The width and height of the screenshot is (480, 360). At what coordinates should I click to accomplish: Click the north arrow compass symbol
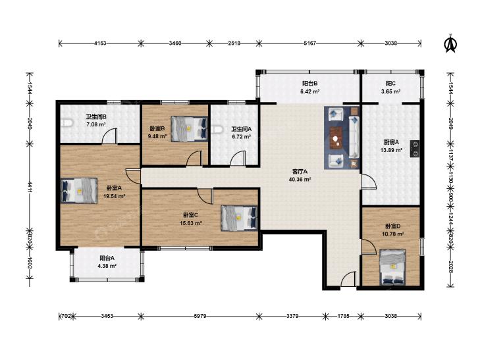point(450,43)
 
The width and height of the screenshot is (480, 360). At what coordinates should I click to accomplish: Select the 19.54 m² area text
point(114,196)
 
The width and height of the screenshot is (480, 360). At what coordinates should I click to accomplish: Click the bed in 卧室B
point(189,129)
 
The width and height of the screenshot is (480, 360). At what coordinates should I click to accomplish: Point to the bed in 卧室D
point(392,267)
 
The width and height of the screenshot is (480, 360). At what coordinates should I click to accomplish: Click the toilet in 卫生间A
point(216,130)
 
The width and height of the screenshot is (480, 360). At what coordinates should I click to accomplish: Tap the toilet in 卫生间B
point(67,123)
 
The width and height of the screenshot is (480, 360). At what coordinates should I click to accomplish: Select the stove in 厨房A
point(415,149)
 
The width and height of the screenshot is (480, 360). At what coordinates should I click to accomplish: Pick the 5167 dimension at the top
point(310,43)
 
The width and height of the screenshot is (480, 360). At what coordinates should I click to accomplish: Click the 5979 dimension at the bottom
point(200,316)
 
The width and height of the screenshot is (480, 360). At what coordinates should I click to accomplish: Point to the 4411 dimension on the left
point(30,187)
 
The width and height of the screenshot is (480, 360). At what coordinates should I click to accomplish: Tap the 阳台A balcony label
point(107,258)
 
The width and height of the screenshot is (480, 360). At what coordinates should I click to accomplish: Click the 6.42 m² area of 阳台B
point(310,91)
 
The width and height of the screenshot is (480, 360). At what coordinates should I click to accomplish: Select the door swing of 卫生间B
point(109,136)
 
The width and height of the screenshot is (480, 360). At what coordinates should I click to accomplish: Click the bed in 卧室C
point(239,218)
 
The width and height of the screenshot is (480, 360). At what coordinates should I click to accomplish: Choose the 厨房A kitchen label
point(391,142)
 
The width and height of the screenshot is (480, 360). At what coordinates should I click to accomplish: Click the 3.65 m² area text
point(390,91)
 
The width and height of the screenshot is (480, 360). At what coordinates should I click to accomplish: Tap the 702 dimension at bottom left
point(66,316)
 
